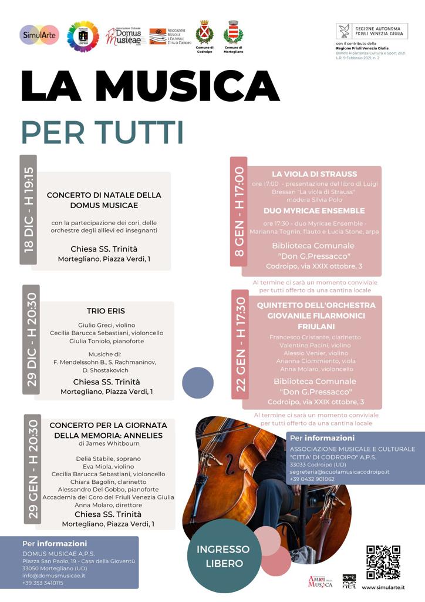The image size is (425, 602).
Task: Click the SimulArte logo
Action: [x=39, y=35]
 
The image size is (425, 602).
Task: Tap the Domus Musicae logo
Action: [x=126, y=36]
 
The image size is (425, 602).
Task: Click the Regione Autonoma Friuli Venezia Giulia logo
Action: [x=372, y=32]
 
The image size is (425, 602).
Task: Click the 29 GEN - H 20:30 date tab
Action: [x=33, y=469]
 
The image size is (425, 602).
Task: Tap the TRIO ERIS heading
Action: [x=106, y=311]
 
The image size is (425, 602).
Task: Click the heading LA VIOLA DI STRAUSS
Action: [x=314, y=174]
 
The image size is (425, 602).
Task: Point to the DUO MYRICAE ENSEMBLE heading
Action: [x=314, y=210]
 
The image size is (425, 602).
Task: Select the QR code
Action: [x=383, y=563]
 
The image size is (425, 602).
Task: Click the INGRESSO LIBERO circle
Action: [x=223, y=556]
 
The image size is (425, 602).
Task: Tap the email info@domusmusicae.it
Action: [x=53, y=576]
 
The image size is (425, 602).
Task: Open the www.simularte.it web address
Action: [x=383, y=587]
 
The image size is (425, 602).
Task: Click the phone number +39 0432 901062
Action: [x=312, y=479]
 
